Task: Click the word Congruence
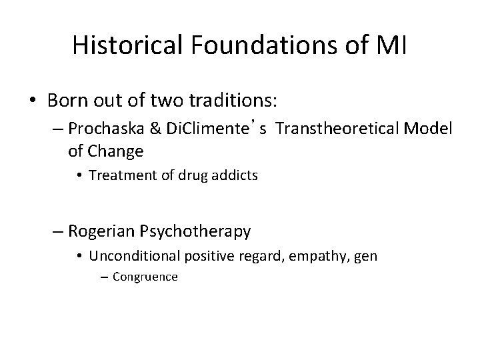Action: tap(145, 276)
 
